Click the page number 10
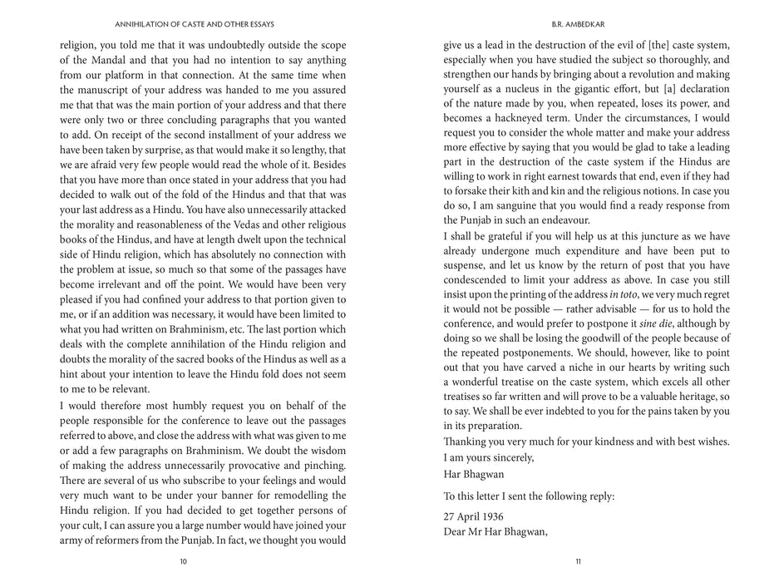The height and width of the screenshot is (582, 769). click(183, 561)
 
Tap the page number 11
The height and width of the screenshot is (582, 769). click(578, 561)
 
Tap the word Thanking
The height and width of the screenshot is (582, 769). click(470, 441)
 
